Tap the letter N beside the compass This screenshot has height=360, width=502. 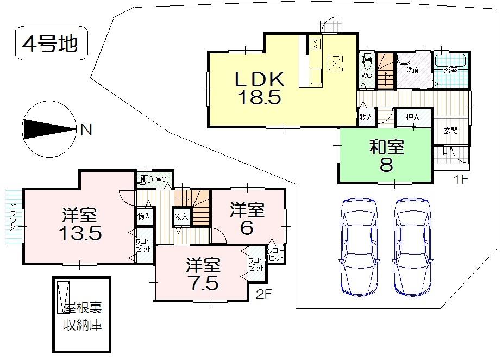(86, 130)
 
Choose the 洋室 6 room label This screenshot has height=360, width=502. (247, 218)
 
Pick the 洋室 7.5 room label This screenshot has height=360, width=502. (204, 275)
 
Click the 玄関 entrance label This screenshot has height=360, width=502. (450, 131)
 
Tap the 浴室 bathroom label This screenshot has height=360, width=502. (450, 70)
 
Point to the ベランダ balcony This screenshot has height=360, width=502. (14, 218)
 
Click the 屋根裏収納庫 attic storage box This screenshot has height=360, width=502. (81, 315)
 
